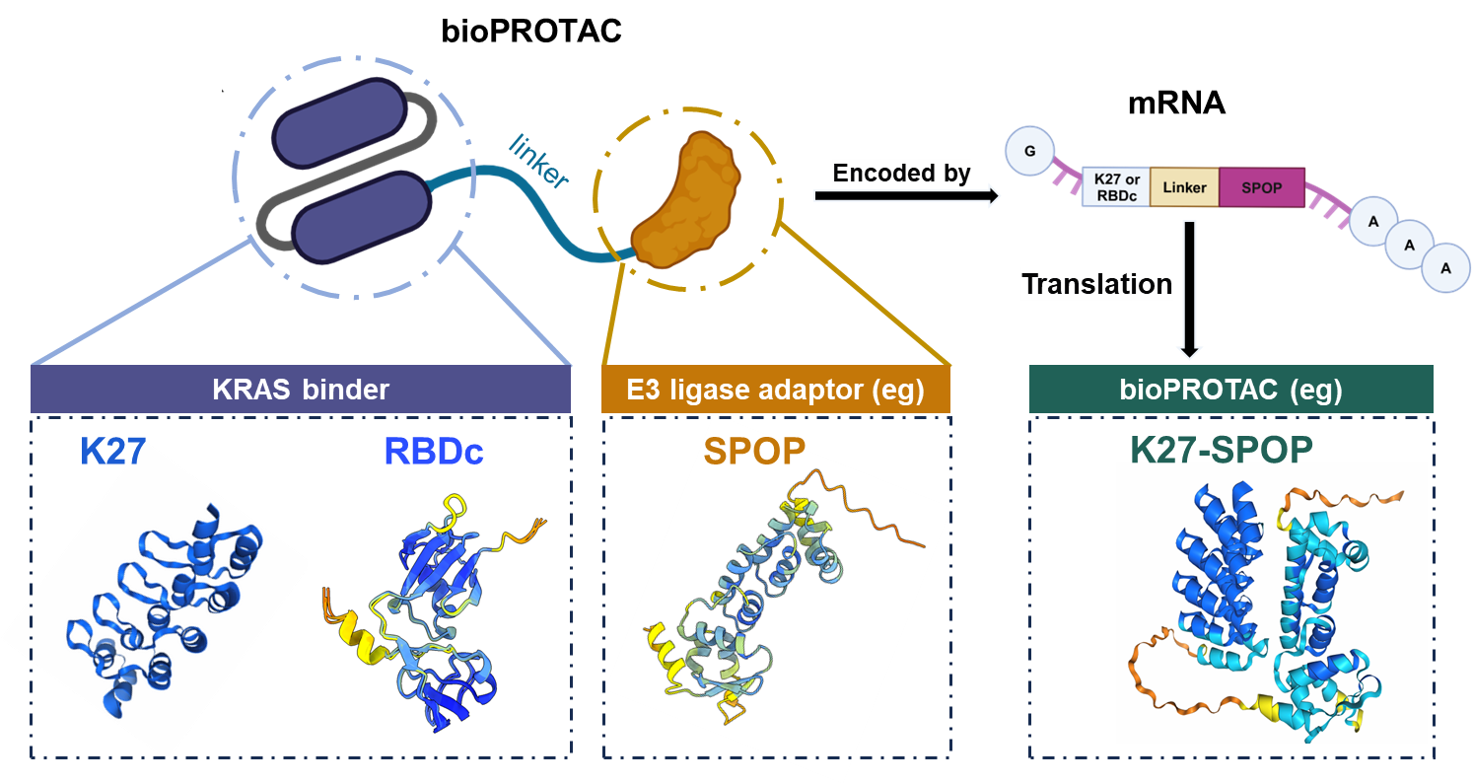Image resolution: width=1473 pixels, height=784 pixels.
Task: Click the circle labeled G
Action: [x=1029, y=153]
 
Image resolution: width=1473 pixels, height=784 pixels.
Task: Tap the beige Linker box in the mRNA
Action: [x=1184, y=186]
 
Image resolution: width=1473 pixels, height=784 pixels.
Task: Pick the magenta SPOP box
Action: [x=1262, y=186]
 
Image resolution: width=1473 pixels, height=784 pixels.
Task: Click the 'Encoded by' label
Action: [x=902, y=174]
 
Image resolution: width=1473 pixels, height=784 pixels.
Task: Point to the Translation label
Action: [x=1096, y=285]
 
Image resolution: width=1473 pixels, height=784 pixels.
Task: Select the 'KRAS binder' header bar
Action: [x=301, y=390]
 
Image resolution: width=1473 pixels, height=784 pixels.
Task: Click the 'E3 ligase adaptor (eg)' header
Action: [x=776, y=390]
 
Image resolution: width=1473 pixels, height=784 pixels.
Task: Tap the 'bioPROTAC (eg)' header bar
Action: [x=1230, y=390]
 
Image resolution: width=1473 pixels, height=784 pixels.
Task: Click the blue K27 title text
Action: [x=113, y=451]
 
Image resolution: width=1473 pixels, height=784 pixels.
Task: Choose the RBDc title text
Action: [x=434, y=451]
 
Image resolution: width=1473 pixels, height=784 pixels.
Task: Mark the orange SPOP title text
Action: [x=754, y=451]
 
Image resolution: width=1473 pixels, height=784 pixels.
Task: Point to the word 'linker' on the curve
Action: [x=539, y=161]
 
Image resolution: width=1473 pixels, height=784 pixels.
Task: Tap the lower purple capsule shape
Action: [x=361, y=217]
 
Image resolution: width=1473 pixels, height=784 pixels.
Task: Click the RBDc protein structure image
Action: [x=435, y=613]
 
